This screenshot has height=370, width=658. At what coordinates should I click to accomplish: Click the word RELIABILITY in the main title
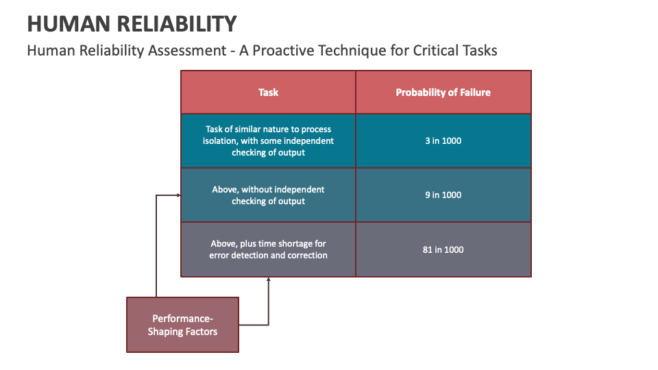pyautogui.click(x=179, y=23)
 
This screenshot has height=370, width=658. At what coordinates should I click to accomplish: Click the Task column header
pyautogui.click(x=268, y=92)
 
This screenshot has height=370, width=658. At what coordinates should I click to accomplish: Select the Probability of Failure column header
pyautogui.click(x=443, y=92)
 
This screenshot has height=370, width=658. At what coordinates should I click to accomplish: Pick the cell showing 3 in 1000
pyautogui.click(x=443, y=140)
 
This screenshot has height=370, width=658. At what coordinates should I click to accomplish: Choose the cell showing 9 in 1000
pyautogui.click(x=443, y=195)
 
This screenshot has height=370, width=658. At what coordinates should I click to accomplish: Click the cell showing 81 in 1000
pyautogui.click(x=443, y=249)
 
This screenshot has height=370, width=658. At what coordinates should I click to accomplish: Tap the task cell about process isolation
pyautogui.click(x=268, y=140)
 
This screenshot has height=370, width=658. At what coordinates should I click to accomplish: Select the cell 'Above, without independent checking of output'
pyautogui.click(x=268, y=195)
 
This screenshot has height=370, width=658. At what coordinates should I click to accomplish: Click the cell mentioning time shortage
pyautogui.click(x=268, y=249)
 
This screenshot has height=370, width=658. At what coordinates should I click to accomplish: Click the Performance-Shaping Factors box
pyautogui.click(x=182, y=325)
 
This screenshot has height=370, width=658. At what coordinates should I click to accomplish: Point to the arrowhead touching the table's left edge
pyautogui.click(x=178, y=195)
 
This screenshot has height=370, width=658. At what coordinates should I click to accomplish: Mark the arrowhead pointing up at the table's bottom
pyautogui.click(x=268, y=280)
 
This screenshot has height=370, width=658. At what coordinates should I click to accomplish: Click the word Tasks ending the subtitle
pyautogui.click(x=478, y=51)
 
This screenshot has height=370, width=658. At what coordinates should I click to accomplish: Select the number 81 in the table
pyautogui.click(x=428, y=249)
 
